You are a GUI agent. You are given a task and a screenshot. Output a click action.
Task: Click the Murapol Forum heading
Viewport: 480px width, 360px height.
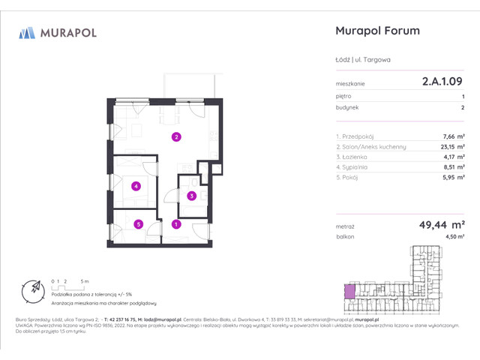(375, 31)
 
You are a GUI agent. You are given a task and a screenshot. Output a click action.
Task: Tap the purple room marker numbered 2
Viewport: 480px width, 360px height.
(175, 137)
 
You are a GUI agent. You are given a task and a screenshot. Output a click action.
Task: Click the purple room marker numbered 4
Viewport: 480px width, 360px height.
(135, 186)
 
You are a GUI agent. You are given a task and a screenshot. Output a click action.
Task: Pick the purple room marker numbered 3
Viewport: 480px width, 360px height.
(191, 196)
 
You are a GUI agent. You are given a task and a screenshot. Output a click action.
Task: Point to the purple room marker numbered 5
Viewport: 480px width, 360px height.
(139, 223)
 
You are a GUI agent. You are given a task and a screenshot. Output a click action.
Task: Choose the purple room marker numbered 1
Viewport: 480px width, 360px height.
(176, 223)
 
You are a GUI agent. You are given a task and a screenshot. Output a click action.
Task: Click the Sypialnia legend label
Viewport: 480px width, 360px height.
(352, 168)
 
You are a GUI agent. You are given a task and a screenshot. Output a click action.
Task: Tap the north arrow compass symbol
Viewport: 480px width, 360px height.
(34, 289)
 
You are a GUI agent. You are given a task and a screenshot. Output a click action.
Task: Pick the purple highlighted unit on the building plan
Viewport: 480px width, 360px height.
(349, 290)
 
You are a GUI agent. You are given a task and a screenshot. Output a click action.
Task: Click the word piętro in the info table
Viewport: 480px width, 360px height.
(343, 97)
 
